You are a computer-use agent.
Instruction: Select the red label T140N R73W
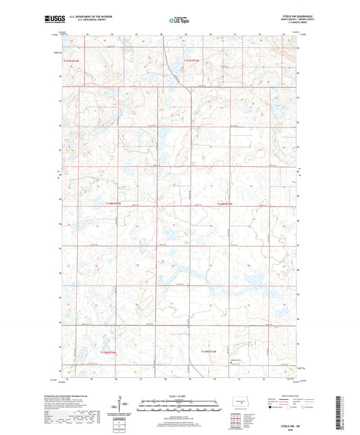click(224, 203)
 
